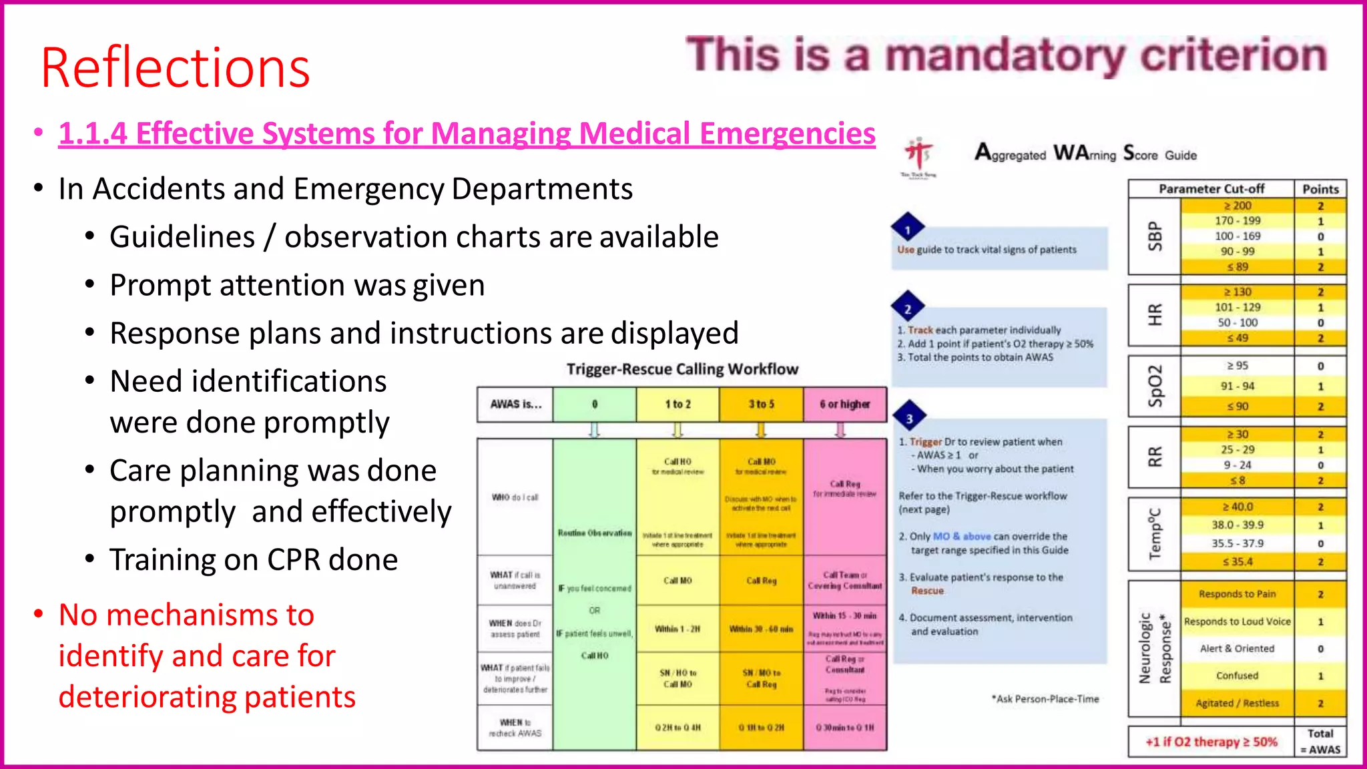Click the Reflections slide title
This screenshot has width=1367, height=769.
point(175,68)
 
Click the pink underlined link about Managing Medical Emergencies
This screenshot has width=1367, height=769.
point(467,134)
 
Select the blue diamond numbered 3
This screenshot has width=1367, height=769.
point(908,419)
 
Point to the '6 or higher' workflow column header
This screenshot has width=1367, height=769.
point(844,405)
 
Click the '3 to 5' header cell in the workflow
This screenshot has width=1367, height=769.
point(761,405)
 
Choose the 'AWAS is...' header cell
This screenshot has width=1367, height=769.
point(515,405)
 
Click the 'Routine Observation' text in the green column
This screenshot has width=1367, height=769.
point(594,533)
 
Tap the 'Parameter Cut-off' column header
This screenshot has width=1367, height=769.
point(1211,189)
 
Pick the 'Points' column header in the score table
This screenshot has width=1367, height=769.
point(1320,189)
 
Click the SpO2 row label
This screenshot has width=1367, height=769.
point(1155,387)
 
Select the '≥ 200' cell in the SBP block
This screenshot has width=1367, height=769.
point(1237,206)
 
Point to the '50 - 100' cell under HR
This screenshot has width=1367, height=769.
point(1237,322)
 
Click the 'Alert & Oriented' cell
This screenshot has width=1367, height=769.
point(1237,648)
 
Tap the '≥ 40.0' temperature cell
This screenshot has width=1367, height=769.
point(1237,507)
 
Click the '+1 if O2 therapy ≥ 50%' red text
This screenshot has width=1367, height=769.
point(1211,742)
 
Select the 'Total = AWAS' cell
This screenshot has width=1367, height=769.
point(1320,742)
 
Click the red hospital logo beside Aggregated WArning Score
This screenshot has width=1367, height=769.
point(918,155)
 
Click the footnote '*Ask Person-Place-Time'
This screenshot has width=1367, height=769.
point(1045,699)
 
